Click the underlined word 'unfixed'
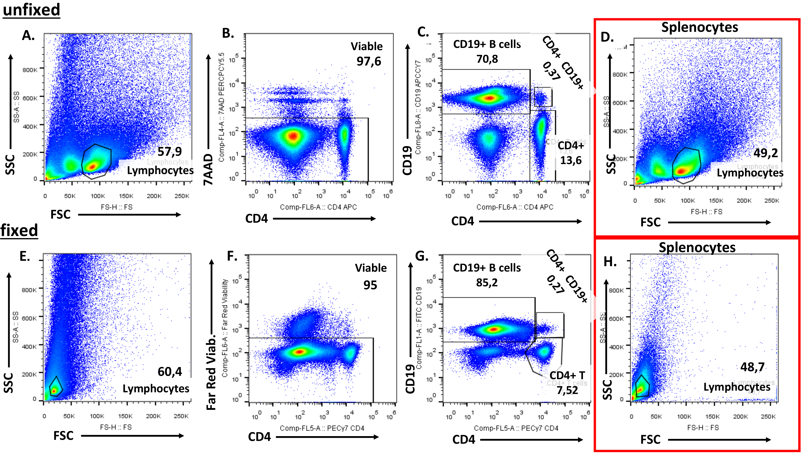click(31, 10)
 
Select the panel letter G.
click(422, 256)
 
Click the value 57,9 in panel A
click(169, 151)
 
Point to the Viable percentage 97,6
click(369, 61)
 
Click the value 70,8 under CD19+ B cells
click(487, 59)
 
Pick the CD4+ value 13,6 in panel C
click(571, 160)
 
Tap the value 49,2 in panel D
click(765, 153)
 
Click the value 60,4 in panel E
click(169, 372)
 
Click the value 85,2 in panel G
click(487, 282)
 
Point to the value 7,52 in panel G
click(567, 390)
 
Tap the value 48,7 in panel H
click(752, 367)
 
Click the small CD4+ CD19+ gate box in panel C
click(543, 97)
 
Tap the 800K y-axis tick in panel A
click(30, 70)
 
